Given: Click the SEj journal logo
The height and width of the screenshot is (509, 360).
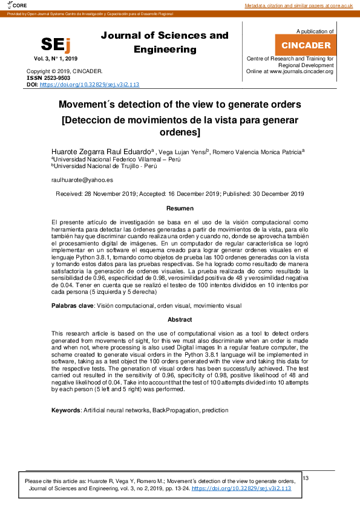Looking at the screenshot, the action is pyautogui.click(x=55, y=45).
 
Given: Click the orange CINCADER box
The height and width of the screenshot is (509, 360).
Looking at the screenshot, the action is pyautogui.click(x=306, y=45).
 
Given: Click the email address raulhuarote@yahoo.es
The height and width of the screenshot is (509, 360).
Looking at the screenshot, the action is pyautogui.click(x=82, y=180).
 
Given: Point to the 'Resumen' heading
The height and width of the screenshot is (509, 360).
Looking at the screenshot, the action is pyautogui.click(x=180, y=208).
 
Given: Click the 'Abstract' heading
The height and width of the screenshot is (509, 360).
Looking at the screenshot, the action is pyautogui.click(x=180, y=319).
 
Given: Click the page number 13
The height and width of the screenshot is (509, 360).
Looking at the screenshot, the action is pyautogui.click(x=306, y=478).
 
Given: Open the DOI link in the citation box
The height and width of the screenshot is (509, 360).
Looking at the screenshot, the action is pyautogui.click(x=241, y=488).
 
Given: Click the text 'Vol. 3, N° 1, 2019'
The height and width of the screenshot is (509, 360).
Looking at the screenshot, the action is pyautogui.click(x=56, y=59).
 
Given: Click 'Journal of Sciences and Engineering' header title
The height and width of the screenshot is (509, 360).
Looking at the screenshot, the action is pyautogui.click(x=165, y=42).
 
